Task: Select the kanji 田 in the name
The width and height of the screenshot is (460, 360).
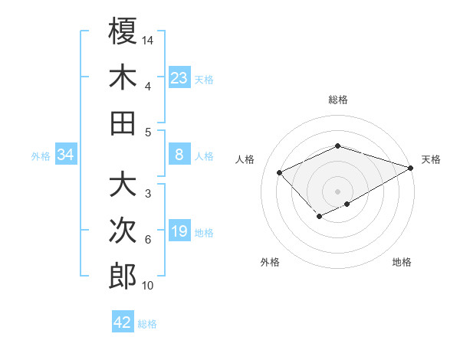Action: [x=123, y=123]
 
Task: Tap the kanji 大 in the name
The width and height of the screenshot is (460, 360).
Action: [x=123, y=185]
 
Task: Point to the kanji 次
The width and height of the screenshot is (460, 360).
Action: [x=123, y=231]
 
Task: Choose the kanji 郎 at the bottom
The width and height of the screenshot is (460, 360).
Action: [x=123, y=277]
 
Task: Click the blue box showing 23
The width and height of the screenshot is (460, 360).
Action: [x=179, y=77]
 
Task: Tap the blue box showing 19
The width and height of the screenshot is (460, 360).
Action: [x=179, y=231]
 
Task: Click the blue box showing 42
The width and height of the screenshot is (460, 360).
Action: [x=123, y=322]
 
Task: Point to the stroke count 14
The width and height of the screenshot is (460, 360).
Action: [x=148, y=40]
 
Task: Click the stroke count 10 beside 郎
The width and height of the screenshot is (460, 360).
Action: [x=148, y=286]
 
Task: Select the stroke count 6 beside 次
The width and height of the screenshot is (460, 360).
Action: [x=148, y=240]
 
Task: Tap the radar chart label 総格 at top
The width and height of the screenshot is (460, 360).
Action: [x=337, y=100]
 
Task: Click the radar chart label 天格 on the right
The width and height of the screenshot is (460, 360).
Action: [x=431, y=159]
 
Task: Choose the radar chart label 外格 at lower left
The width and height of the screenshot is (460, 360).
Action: [x=270, y=262]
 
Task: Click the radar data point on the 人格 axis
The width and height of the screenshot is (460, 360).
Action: [x=280, y=172]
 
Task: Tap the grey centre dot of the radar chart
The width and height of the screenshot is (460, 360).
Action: [x=337, y=191]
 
